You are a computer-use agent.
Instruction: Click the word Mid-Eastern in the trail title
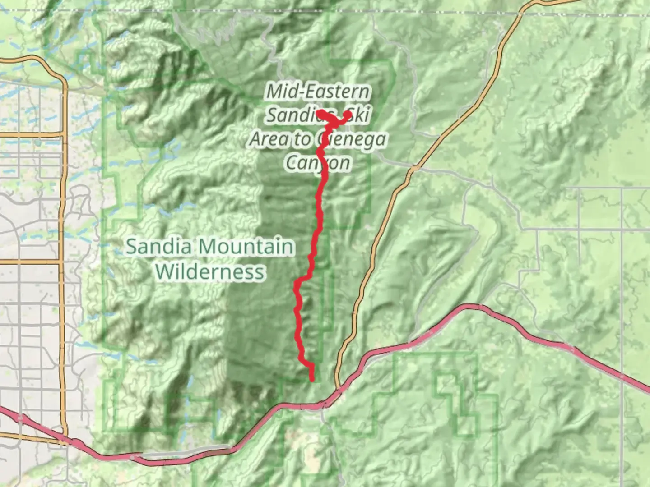(318, 92)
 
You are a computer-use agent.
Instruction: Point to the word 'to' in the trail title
(303, 140)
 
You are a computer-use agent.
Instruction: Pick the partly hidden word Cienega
(352, 139)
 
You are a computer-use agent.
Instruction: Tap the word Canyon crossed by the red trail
(318, 163)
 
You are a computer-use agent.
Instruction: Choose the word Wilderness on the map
(210, 271)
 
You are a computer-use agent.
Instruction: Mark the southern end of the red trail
(312, 380)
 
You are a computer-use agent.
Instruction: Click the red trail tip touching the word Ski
(348, 115)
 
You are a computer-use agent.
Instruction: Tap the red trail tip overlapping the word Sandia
(320, 111)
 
